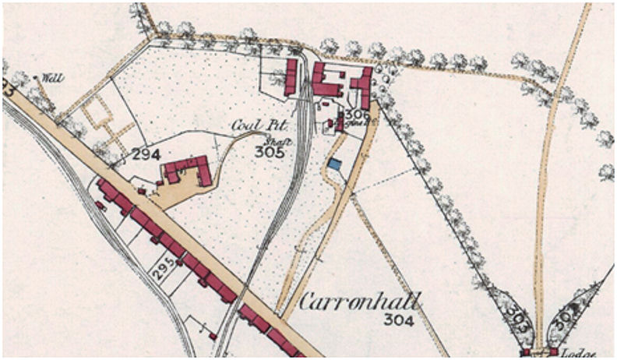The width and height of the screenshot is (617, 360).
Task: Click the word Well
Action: pyautogui.click(x=52, y=78)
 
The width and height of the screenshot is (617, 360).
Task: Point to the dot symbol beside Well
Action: pyautogui.click(x=36, y=77)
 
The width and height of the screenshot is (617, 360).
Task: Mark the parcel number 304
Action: pyautogui.click(x=398, y=319)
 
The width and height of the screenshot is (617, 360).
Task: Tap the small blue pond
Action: pyautogui.click(x=334, y=164)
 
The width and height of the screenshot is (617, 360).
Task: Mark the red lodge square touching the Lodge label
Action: pyautogui.click(x=555, y=351)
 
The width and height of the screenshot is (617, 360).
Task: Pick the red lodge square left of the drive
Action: pyautogui.click(x=527, y=351)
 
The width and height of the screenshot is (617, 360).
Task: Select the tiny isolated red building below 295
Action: pyautogui.click(x=212, y=336)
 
